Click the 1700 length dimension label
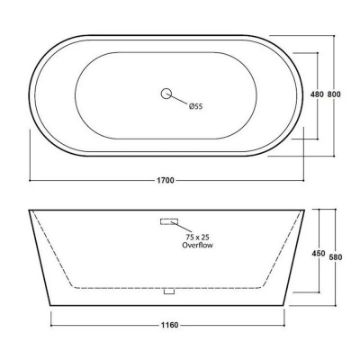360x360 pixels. tap(165, 181)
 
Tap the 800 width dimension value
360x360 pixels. tap(334, 95)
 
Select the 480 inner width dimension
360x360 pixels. tap(317, 95)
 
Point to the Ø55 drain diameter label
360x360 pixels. tap(196, 106)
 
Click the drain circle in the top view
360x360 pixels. tap(166, 94)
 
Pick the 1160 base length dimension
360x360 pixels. tap(169, 325)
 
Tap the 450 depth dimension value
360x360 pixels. tap(319, 254)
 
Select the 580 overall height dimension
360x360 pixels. tap(335, 257)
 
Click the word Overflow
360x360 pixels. tap(197, 245)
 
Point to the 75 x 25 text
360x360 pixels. tap(198, 237)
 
